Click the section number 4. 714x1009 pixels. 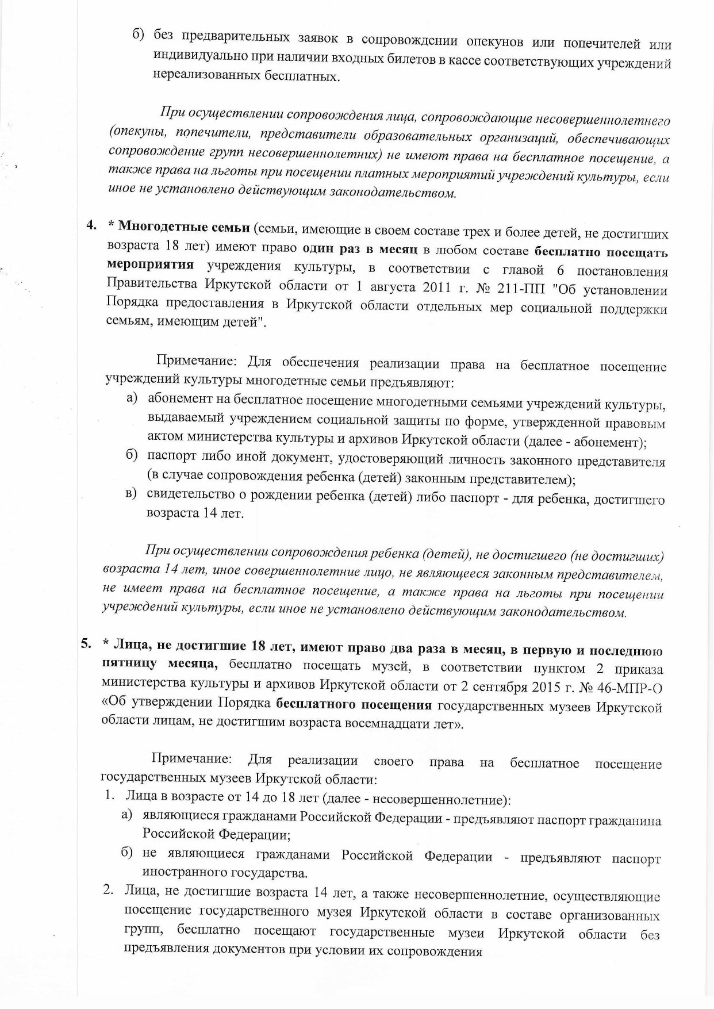click(x=90, y=225)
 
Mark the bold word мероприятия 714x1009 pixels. click(x=150, y=265)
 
